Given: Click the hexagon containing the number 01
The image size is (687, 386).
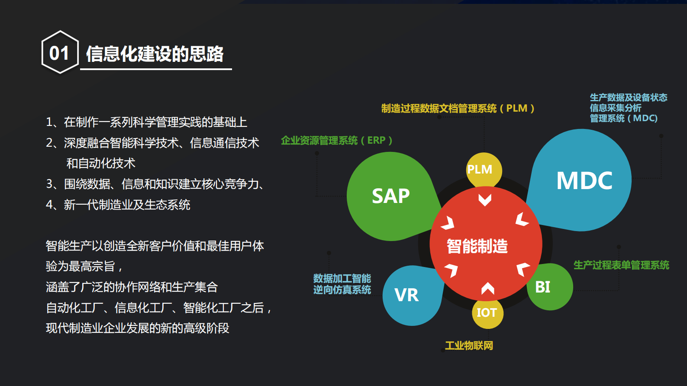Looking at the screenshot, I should [x=60, y=52].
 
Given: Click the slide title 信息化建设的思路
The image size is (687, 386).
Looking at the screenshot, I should [x=155, y=54].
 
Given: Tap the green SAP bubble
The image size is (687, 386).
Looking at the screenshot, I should [x=390, y=196].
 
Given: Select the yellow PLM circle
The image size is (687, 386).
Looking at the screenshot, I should [x=484, y=169].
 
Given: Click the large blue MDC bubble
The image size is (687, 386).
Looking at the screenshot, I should [x=584, y=180].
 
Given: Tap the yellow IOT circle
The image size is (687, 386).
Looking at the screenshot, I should [x=487, y=312].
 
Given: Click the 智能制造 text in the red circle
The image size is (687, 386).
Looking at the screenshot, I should [x=477, y=246].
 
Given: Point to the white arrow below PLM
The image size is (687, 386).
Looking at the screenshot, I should [x=485, y=199].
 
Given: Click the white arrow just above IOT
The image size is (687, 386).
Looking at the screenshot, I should [x=487, y=288].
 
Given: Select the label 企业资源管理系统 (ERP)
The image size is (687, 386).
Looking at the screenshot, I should [x=336, y=140].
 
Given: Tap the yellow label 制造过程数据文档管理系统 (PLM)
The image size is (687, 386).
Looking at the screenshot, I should [x=458, y=108].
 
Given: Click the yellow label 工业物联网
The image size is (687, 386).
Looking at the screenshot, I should [x=469, y=345].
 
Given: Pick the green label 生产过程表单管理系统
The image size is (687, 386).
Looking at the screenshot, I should [x=621, y=265].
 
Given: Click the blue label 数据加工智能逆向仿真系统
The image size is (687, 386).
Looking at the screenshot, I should [x=342, y=284].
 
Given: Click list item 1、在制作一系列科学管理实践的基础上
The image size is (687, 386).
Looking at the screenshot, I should [x=146, y=122].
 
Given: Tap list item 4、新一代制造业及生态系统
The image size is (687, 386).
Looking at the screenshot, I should [x=118, y=205].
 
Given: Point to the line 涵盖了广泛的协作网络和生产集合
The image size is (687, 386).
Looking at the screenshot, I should [x=132, y=287].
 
